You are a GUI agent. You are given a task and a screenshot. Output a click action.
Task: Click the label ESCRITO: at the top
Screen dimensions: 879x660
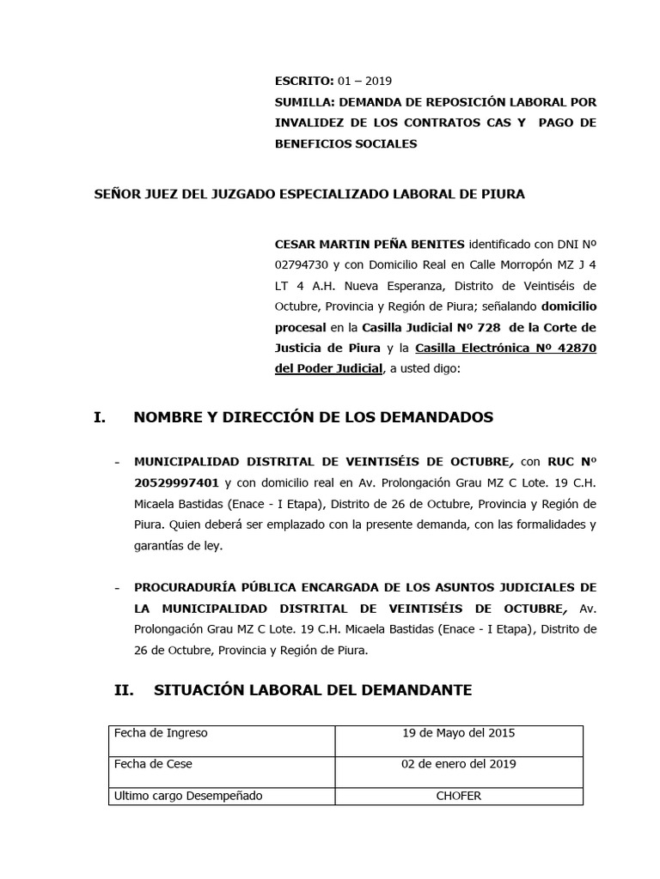[x=303, y=82]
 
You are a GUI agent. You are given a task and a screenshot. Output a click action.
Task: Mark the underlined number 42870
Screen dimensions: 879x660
[x=572, y=348]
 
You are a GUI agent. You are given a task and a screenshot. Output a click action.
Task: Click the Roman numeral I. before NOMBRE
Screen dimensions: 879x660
[x=100, y=418]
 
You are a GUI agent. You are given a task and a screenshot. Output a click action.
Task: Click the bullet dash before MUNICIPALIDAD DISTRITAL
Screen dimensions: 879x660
[x=117, y=462]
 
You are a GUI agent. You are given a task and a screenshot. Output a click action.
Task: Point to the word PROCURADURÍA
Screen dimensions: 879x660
[x=183, y=588]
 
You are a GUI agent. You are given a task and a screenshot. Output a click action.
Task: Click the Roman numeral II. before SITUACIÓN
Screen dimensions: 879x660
[x=126, y=690]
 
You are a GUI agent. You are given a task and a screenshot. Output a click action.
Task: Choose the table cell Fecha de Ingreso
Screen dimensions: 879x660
[x=161, y=733]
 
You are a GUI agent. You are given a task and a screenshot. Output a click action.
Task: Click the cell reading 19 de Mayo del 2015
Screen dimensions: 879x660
[x=458, y=733]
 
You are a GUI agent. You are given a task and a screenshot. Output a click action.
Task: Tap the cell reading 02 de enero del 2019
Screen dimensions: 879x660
[x=458, y=764]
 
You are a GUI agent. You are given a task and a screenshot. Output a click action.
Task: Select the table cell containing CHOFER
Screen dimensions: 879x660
[x=458, y=796]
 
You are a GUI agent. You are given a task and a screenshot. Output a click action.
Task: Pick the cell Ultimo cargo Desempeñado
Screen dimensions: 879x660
[x=188, y=796]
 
